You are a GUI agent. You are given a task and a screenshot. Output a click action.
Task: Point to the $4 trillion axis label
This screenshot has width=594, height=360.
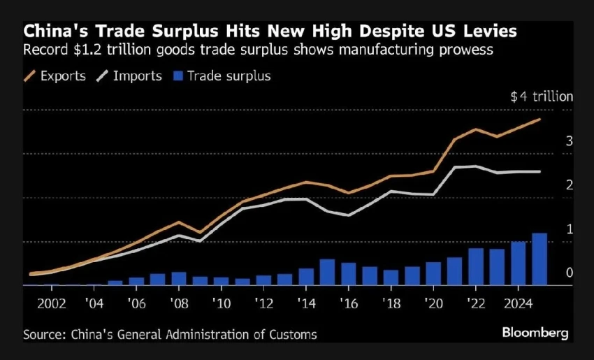(x=541, y=97)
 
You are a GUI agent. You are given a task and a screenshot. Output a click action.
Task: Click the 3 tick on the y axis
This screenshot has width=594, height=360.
(x=570, y=141)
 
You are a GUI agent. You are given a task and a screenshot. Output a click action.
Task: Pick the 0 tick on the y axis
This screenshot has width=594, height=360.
(x=570, y=273)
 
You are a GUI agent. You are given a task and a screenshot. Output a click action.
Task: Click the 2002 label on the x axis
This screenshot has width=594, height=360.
(x=52, y=305)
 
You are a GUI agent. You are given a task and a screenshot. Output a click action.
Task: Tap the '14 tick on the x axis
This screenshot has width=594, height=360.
(x=306, y=305)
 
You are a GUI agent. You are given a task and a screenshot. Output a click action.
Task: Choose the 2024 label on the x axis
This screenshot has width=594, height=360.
(x=518, y=305)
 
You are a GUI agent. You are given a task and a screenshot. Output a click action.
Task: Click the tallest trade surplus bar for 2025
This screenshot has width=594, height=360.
(x=539, y=259)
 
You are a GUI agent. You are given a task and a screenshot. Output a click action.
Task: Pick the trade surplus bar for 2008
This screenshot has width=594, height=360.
(x=179, y=279)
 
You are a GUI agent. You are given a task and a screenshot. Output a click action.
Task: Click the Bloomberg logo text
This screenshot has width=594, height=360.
(x=535, y=333)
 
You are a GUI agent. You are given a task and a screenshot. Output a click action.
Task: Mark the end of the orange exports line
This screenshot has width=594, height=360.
(x=539, y=120)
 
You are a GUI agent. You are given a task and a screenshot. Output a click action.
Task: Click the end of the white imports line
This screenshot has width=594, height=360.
(x=539, y=171)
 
